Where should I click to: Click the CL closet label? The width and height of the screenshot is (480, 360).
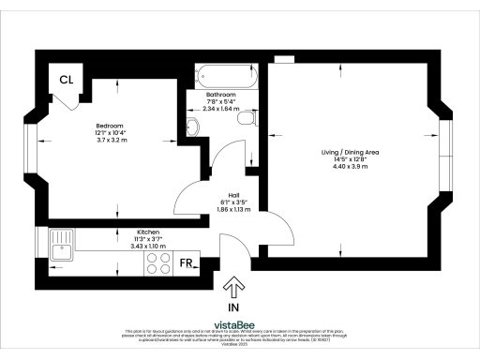(x=67, y=80)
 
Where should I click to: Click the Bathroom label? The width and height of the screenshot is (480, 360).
(x=221, y=95)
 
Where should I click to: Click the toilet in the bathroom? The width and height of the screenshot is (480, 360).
(x=247, y=120)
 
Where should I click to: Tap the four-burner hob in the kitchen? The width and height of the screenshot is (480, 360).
(x=157, y=263)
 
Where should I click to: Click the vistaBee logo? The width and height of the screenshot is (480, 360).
(x=242, y=323)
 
